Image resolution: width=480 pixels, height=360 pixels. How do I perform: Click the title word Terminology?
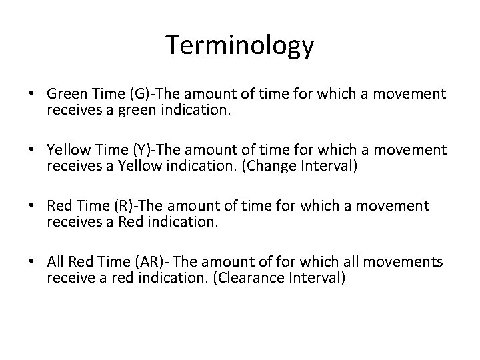pyautogui.click(x=240, y=45)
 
